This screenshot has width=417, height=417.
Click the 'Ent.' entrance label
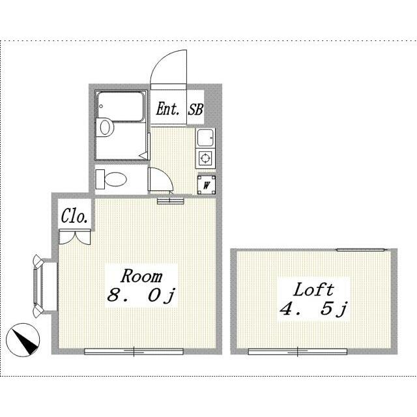(x=167, y=109)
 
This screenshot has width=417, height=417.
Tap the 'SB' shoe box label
(x=195, y=109)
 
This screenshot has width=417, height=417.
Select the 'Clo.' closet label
(x=74, y=216)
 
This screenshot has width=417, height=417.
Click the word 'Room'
(x=141, y=276)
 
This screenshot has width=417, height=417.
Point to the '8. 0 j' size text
(x=141, y=296)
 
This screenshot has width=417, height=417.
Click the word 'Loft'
(x=313, y=289)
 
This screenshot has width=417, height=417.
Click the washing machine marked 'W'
(x=207, y=184)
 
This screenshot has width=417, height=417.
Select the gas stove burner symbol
(x=205, y=158)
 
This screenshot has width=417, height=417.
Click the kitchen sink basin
(x=205, y=137)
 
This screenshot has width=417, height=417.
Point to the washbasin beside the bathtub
(x=106, y=127)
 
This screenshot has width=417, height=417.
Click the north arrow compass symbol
(x=23, y=339)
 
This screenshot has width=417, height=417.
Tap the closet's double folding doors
(x=75, y=237)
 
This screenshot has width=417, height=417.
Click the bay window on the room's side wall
(x=39, y=286)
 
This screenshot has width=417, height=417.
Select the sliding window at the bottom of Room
(x=134, y=352)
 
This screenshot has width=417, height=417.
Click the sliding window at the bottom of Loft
(x=298, y=352)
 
